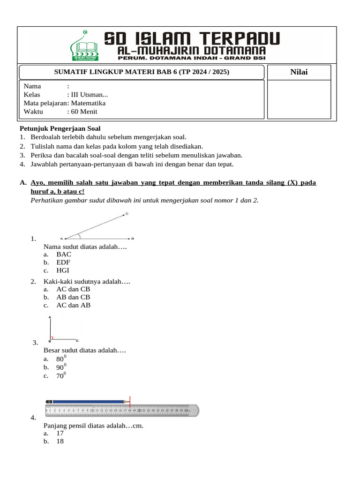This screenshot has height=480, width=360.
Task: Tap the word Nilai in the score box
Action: pyautogui.click(x=299, y=72)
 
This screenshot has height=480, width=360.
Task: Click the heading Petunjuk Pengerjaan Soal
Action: pyautogui.click(x=60, y=128)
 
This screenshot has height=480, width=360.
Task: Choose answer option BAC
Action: pyautogui.click(x=64, y=255)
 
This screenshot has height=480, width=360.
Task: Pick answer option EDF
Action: pyautogui.click(x=64, y=262)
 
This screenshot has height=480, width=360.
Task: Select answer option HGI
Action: pyautogui.click(x=63, y=270)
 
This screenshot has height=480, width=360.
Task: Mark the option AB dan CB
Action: pyautogui.click(x=73, y=297)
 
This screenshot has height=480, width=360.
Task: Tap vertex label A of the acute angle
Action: pyautogui.click(x=62, y=239)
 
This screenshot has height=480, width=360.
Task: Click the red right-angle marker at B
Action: pyautogui.click(x=52, y=337)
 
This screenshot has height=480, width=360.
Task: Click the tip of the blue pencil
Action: pyautogui.click(x=129, y=402)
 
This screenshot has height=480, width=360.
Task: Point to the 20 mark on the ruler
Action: pyautogui.click(x=139, y=410)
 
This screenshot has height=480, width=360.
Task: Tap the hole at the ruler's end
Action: pyautogui.click(x=195, y=410)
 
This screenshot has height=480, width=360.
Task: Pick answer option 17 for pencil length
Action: pyautogui.click(x=60, y=434)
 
